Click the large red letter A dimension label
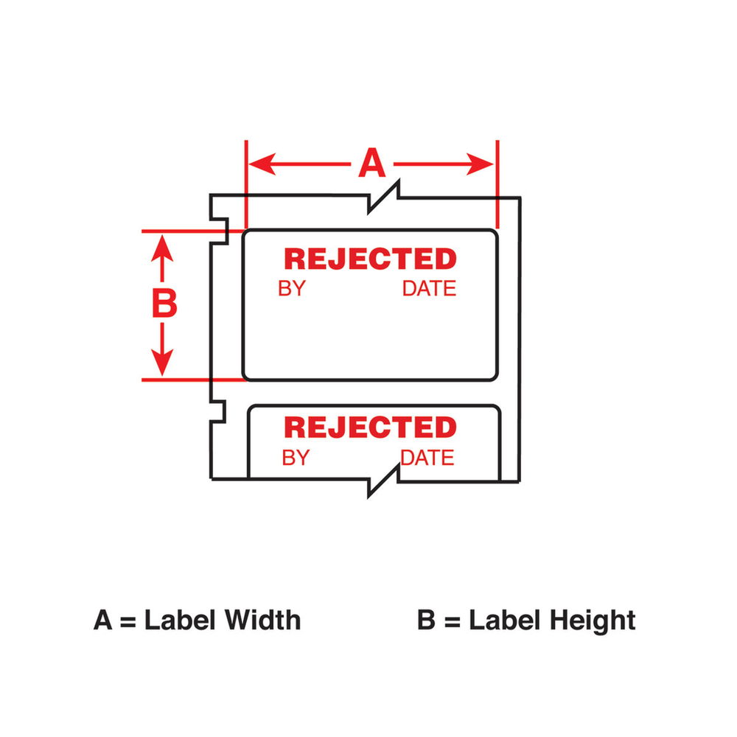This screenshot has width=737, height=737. (x=371, y=163)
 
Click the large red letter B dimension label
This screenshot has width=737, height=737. (x=164, y=303)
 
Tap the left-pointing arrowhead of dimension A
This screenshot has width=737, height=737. (x=262, y=164)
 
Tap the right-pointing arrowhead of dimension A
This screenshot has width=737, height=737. (x=480, y=164)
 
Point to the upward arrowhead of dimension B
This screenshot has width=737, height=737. (x=162, y=248)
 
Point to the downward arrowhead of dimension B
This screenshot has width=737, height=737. (x=162, y=363)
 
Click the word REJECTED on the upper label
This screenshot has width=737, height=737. (x=371, y=259)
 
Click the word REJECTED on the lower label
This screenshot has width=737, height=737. (x=371, y=427)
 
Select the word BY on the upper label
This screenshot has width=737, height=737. (x=292, y=289)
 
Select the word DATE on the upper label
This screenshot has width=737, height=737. (x=429, y=289)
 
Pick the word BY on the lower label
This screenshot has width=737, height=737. (x=296, y=458)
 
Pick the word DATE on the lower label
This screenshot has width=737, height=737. (x=427, y=458)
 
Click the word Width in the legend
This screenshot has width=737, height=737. (x=262, y=620)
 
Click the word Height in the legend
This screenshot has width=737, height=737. (x=593, y=621)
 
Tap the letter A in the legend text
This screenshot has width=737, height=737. (x=103, y=620)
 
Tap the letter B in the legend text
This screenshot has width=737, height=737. (x=426, y=620)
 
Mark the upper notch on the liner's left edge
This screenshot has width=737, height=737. (x=219, y=231)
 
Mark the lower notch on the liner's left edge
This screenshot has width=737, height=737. (x=217, y=412)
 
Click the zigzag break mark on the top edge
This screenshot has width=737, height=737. (x=383, y=197)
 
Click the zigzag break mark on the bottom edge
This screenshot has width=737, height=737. (x=383, y=481)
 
